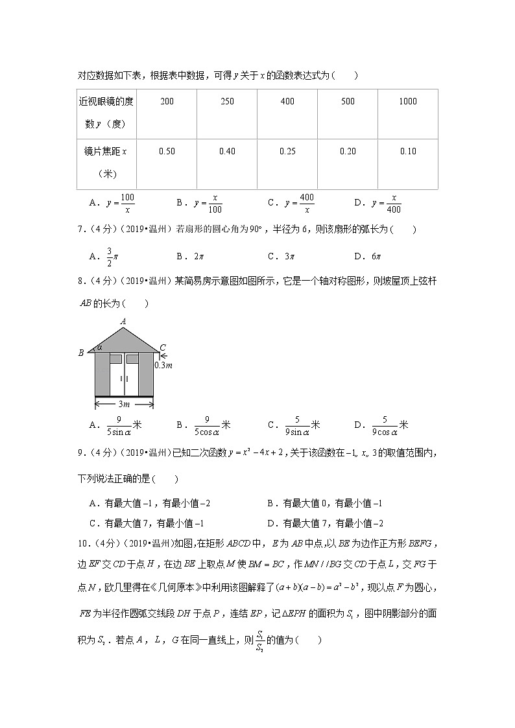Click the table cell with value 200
tap(167, 101)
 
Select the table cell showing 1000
tap(408, 101)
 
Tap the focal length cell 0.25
tap(287, 151)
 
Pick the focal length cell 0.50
tap(167, 151)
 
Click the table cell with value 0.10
tap(408, 151)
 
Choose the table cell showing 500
tap(348, 101)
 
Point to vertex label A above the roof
tap(123, 321)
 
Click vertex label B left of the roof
tap(81, 353)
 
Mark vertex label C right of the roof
tap(163, 347)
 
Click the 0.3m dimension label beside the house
tap(163, 366)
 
